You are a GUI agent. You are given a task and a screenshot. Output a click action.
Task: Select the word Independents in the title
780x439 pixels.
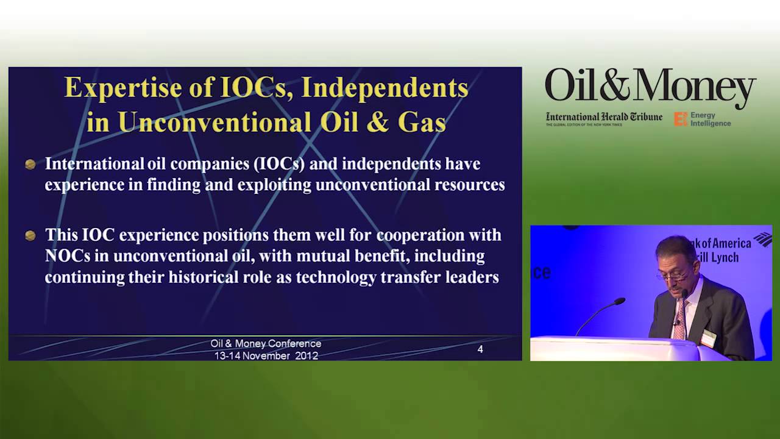pos(385,88)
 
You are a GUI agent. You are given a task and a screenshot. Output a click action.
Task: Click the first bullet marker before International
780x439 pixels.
pos(30,165)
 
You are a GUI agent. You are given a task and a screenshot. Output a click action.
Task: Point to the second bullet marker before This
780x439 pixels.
pos(30,235)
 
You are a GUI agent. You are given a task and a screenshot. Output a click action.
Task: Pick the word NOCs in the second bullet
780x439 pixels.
pos(68,256)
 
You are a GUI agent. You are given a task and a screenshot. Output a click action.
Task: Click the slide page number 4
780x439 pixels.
pos(480,349)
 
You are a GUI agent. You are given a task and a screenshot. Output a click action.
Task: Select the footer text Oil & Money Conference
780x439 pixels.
pos(266,344)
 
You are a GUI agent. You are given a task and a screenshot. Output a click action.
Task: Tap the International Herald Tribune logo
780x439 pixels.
pos(603,118)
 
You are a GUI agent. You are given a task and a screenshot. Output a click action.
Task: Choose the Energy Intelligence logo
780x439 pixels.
pos(703,119)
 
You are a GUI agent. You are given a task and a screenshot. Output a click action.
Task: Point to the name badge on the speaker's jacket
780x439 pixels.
pos(708,338)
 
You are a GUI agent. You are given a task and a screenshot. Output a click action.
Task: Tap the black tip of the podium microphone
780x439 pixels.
pos(620,301)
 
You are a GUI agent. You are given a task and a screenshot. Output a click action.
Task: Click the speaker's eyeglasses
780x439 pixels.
pos(673,276)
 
